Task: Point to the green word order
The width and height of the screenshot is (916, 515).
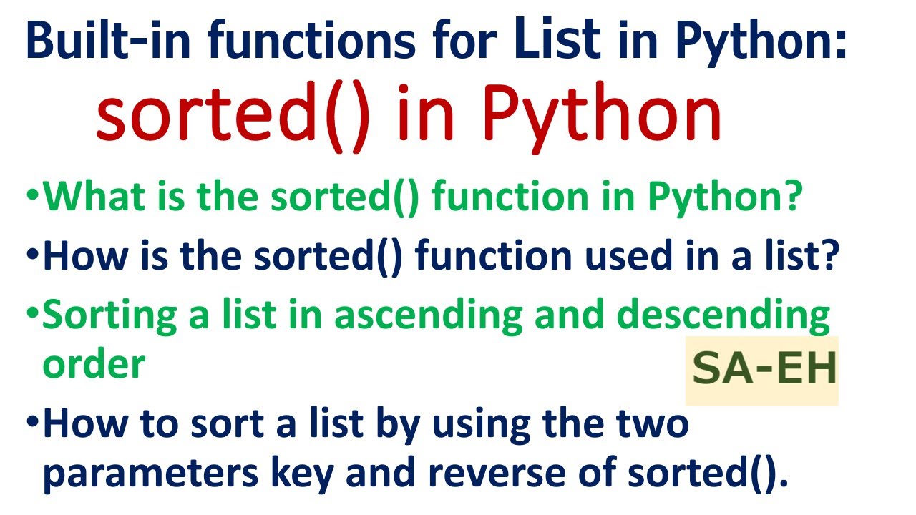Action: (94, 364)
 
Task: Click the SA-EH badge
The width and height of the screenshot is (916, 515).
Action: (763, 371)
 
